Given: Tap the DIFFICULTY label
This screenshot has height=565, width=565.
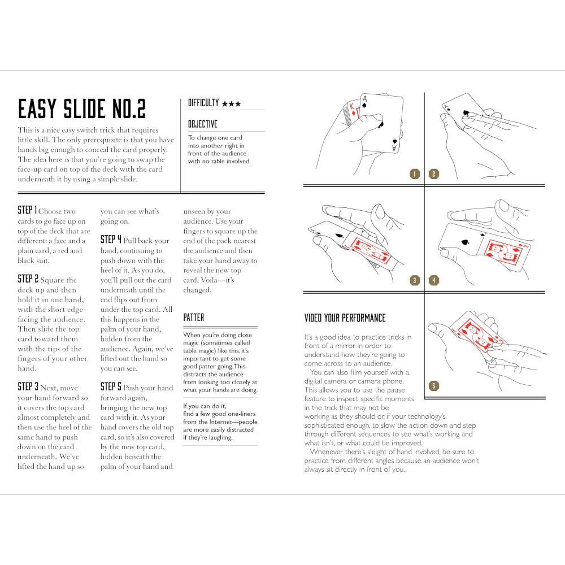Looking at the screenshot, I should [203, 103].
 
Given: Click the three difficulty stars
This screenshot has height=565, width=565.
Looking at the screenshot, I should [232, 104].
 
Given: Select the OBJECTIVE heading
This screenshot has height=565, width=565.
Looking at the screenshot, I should [202, 124].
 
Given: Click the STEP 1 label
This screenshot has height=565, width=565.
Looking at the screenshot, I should [28, 211].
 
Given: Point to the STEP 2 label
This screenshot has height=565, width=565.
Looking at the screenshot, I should [28, 279].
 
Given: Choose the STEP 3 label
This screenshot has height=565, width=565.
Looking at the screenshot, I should [28, 387].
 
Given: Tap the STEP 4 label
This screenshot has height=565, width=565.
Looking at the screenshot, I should [111, 240].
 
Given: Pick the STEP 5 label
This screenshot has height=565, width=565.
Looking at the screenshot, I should [111, 387].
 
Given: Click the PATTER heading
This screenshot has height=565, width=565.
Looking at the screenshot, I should [194, 318].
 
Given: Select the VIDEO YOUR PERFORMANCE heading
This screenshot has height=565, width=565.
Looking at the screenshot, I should [345, 318].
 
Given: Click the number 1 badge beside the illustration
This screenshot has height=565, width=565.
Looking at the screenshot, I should [415, 174].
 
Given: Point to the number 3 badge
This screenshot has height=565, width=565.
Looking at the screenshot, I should [415, 280].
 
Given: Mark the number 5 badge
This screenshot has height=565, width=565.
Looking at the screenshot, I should [433, 386].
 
